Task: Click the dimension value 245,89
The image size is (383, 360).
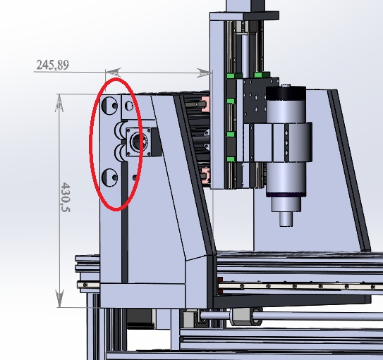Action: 52,65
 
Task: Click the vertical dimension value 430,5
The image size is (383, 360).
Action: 65,197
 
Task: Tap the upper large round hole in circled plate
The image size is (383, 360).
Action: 109,106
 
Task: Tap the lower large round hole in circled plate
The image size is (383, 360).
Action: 109,178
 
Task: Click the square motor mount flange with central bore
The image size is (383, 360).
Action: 139,142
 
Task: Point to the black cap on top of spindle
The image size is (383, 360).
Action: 286,93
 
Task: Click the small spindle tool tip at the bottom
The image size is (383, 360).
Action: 286,219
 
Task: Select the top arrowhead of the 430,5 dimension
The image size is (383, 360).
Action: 59,103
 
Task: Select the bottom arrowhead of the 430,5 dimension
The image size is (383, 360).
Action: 59,298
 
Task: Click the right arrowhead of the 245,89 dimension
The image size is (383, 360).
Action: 203,73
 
